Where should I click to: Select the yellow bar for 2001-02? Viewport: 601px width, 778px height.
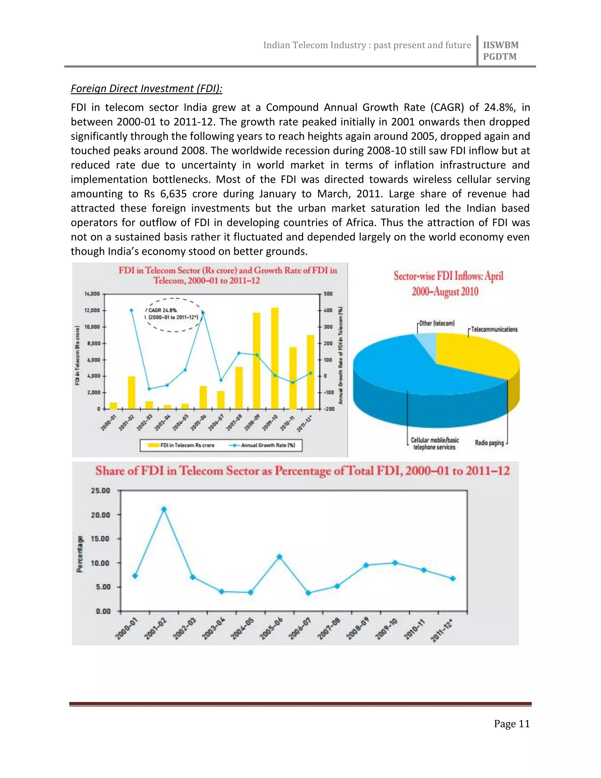[x=131, y=392]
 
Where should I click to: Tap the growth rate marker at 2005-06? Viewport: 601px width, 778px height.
[x=203, y=313]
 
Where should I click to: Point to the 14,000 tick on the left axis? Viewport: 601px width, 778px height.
[x=92, y=294]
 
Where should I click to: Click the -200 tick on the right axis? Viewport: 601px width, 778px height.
[x=329, y=409]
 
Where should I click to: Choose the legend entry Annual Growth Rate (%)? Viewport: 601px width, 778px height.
[x=264, y=445]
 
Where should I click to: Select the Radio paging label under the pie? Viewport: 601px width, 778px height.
[x=489, y=443]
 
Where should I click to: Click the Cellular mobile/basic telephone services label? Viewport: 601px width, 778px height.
[x=434, y=444]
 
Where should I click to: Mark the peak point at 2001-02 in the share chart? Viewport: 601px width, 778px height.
[x=164, y=509]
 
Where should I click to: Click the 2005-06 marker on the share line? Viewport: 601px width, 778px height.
[x=279, y=557]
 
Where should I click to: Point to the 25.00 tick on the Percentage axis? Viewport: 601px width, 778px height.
[x=101, y=491]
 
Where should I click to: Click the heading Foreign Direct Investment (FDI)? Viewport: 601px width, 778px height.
[x=146, y=88]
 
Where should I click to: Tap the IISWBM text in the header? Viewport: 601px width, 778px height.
[x=500, y=45]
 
